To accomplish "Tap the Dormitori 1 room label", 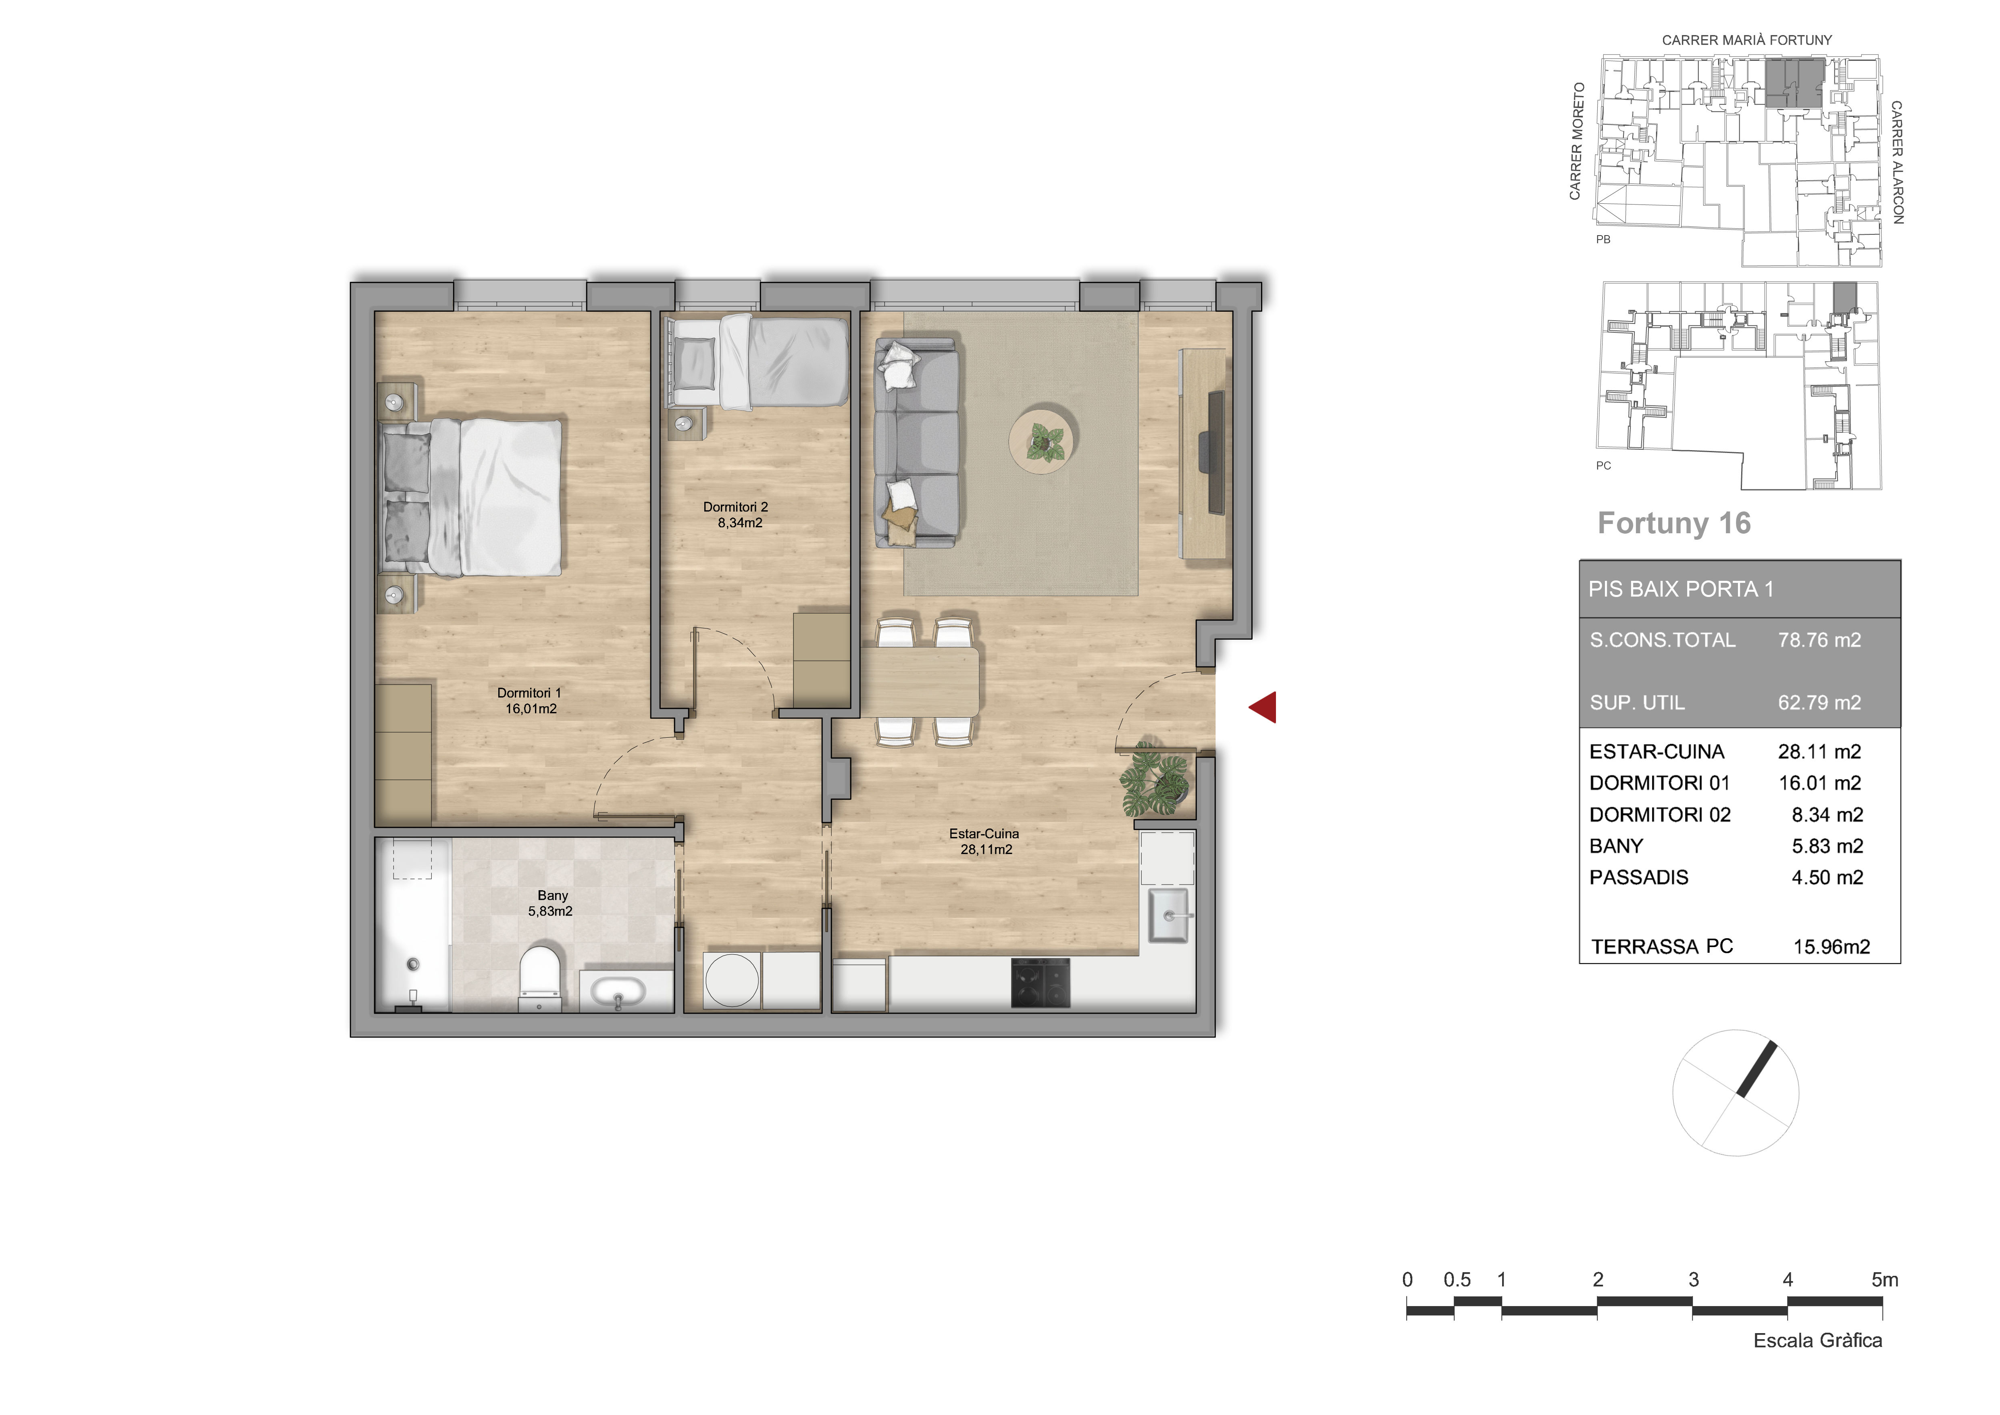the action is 530,701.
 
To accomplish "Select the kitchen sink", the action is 1168,915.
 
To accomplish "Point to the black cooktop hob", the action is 1040,983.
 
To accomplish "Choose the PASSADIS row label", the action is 1638,877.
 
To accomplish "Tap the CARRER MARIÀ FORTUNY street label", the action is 1746,40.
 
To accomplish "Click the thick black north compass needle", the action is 1756,1069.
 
